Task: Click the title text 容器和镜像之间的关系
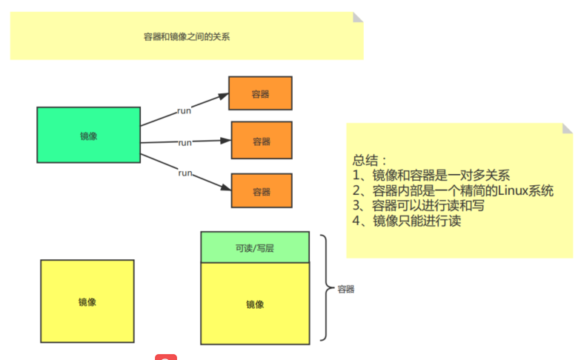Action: pos(187,36)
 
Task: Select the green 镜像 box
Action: pos(89,136)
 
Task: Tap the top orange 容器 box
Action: pos(260,94)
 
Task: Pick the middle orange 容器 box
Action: pos(262,141)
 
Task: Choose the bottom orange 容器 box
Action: pos(262,191)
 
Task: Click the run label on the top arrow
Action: pos(185,110)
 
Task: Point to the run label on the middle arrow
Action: pos(185,142)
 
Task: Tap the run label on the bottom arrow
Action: pos(185,173)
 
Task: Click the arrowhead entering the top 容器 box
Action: pos(223,95)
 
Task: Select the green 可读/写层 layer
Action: pos(255,248)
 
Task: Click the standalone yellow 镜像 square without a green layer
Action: pos(87,301)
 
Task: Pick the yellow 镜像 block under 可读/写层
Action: pos(255,304)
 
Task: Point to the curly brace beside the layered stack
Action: pos(325,287)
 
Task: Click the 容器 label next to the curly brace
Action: pos(346,289)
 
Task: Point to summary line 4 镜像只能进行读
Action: pos(408,220)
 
